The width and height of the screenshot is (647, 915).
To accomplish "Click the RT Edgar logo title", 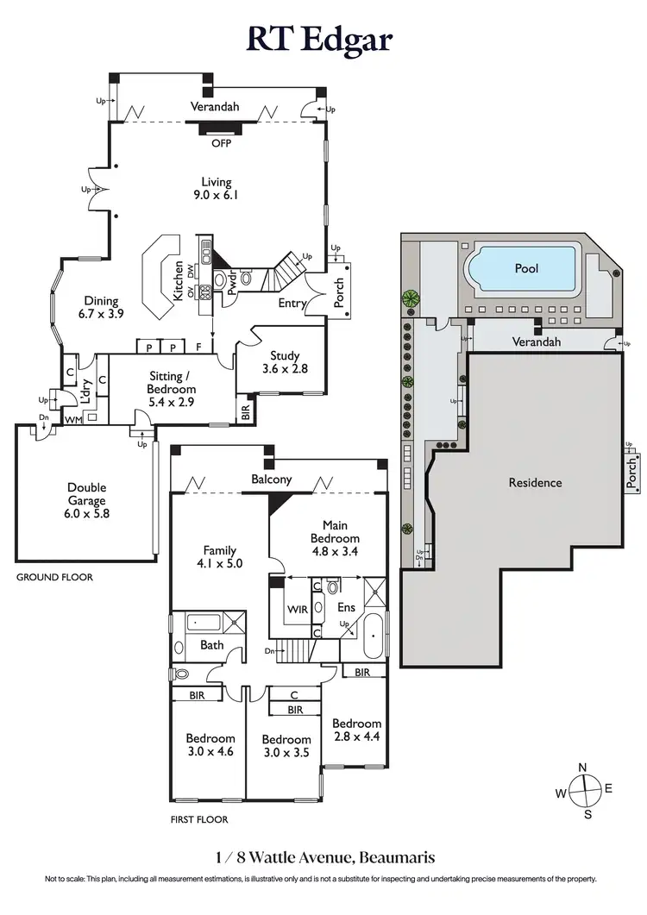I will pos(323,38).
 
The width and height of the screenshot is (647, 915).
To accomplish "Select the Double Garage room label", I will pos(87,499).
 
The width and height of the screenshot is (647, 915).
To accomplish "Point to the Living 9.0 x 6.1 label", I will pos(216,188).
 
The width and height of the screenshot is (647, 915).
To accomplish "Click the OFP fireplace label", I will pos(221,144).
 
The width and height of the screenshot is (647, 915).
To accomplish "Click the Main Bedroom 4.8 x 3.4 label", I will pos(334,533).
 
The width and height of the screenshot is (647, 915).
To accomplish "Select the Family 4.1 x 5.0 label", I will pos(219,557).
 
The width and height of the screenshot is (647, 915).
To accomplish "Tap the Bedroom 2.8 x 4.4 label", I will pos(356,730).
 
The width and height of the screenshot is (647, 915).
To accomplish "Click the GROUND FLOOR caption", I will pos(54,577).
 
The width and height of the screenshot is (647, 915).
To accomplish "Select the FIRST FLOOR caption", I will pos(199,819).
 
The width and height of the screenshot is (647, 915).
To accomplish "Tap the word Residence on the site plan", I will pos(535,483).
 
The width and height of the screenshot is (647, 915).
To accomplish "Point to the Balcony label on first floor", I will pos(272,479).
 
